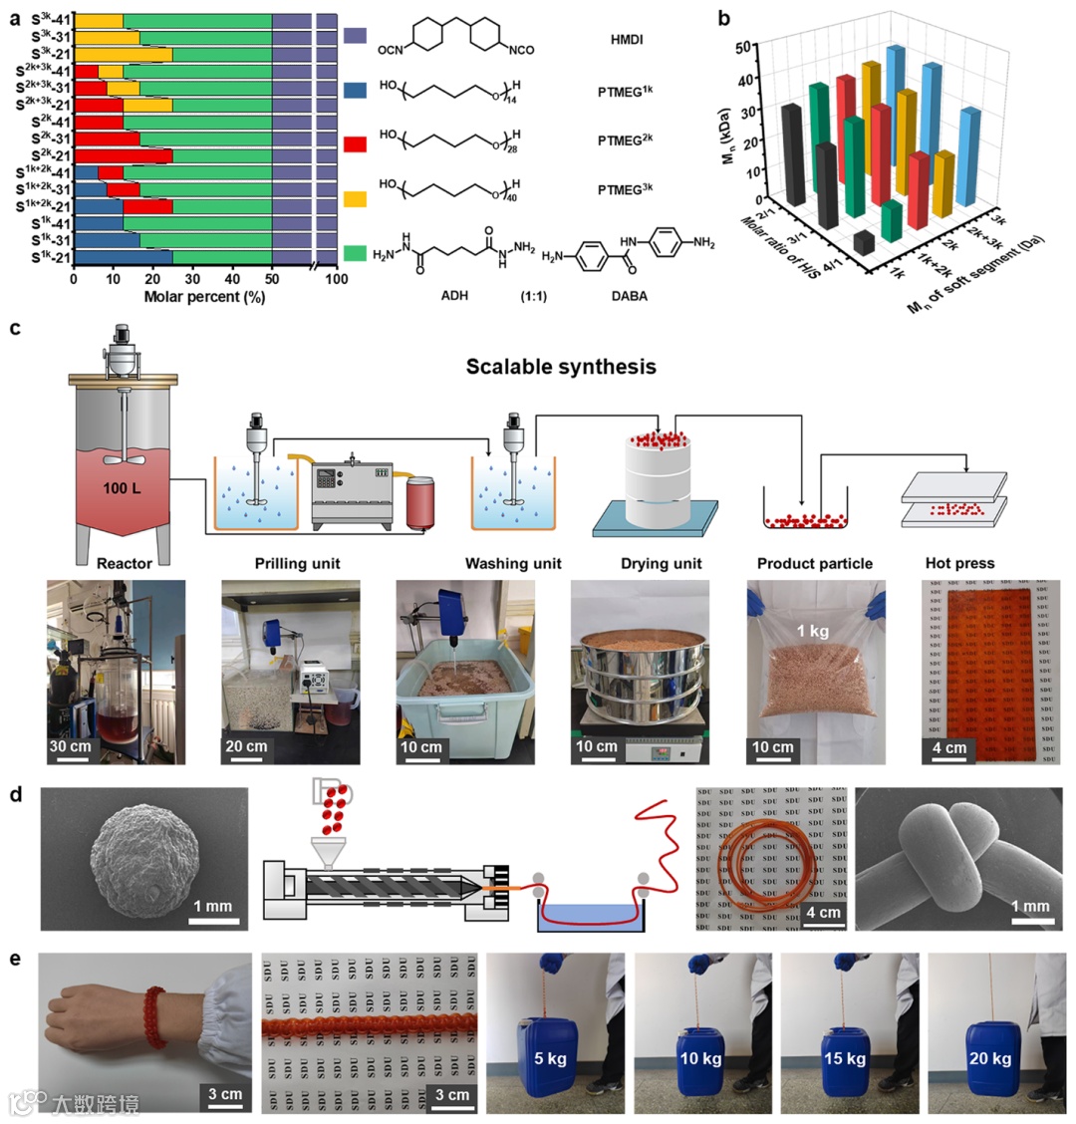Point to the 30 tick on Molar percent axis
click(192, 281)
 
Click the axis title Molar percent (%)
click(204, 297)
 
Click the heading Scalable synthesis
click(561, 367)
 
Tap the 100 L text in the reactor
click(124, 490)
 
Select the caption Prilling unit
click(296, 564)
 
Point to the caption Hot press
click(960, 564)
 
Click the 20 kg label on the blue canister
click(989, 1058)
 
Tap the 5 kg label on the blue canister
click(550, 1058)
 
